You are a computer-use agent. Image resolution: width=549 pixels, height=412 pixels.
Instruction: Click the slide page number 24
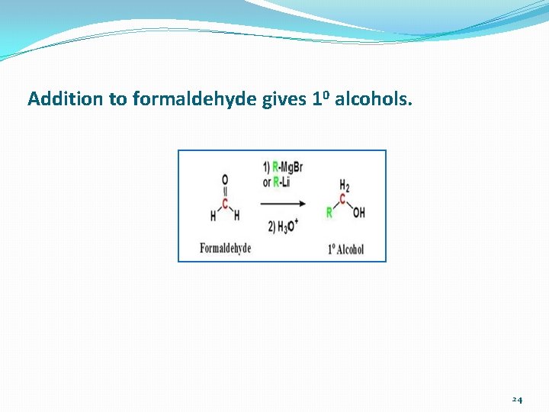tap(517, 399)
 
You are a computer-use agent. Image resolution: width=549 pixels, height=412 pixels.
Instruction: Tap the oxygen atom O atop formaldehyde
tap(225, 179)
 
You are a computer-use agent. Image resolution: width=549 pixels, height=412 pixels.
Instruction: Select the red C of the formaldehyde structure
tap(225, 203)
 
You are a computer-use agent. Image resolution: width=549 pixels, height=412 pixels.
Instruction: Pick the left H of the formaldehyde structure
tap(213, 216)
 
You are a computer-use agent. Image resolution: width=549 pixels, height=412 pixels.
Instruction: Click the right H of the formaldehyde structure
tap(236, 216)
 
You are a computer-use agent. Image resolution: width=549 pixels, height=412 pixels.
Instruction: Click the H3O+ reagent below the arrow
tap(283, 227)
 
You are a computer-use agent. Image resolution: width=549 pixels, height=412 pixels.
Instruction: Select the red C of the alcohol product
tap(342, 199)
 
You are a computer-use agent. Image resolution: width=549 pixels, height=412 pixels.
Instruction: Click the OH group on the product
tap(358, 212)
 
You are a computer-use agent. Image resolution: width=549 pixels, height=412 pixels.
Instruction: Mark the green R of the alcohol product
tap(329, 213)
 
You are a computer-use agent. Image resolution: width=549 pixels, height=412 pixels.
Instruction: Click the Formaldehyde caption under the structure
tap(225, 248)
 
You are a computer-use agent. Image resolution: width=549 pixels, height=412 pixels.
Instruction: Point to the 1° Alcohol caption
tap(345, 249)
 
